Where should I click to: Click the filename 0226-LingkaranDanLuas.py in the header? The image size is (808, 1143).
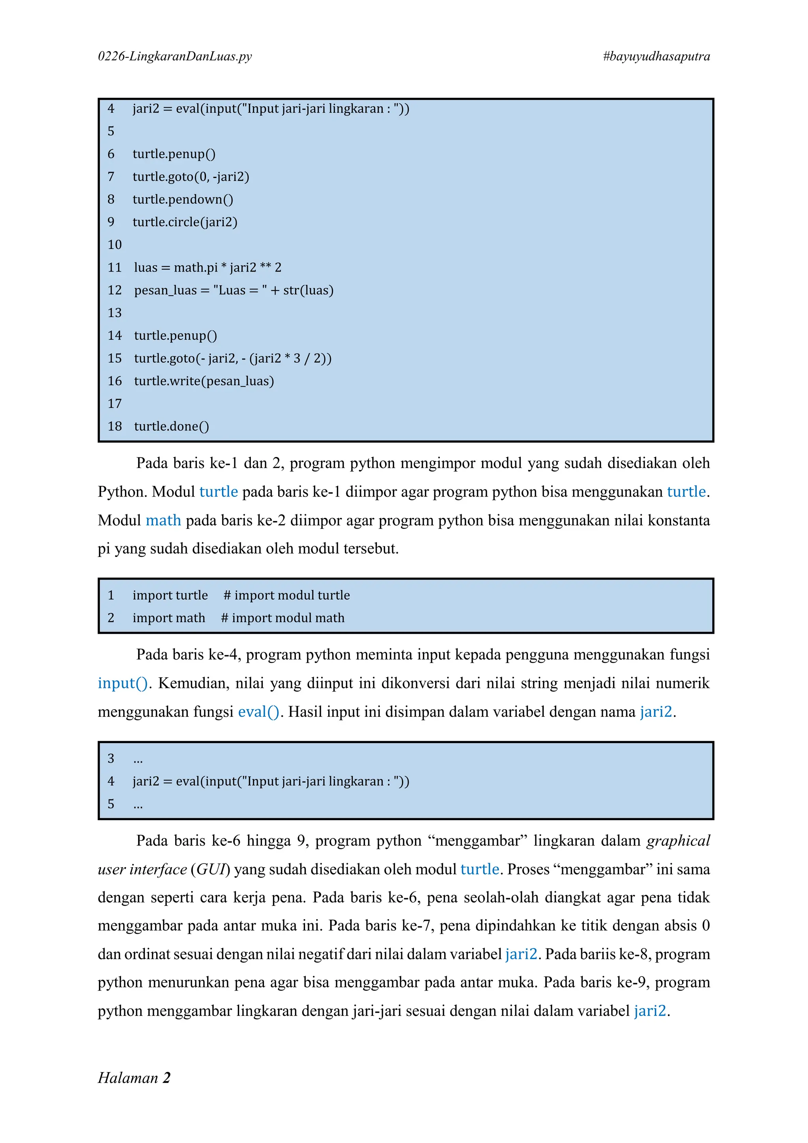pos(175,56)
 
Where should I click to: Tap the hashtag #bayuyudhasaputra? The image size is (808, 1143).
pos(656,56)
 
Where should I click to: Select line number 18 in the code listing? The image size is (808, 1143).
pos(114,426)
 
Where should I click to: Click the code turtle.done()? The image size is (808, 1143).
pos(172,426)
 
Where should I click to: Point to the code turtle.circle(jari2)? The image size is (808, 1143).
pos(185,222)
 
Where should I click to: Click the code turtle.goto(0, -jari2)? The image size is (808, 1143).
pos(191,177)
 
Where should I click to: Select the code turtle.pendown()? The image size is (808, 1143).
pos(183,199)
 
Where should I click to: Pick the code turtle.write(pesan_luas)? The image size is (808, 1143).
pos(204,381)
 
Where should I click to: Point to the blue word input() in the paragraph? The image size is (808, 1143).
pos(122,683)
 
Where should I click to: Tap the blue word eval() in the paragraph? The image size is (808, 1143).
pos(259,712)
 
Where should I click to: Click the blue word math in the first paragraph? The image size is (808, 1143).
pos(163,520)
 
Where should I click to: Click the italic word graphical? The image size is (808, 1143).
pos(678,841)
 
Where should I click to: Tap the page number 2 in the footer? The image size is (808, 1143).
pos(166,1078)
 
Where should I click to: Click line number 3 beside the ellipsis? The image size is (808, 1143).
pos(111,758)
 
